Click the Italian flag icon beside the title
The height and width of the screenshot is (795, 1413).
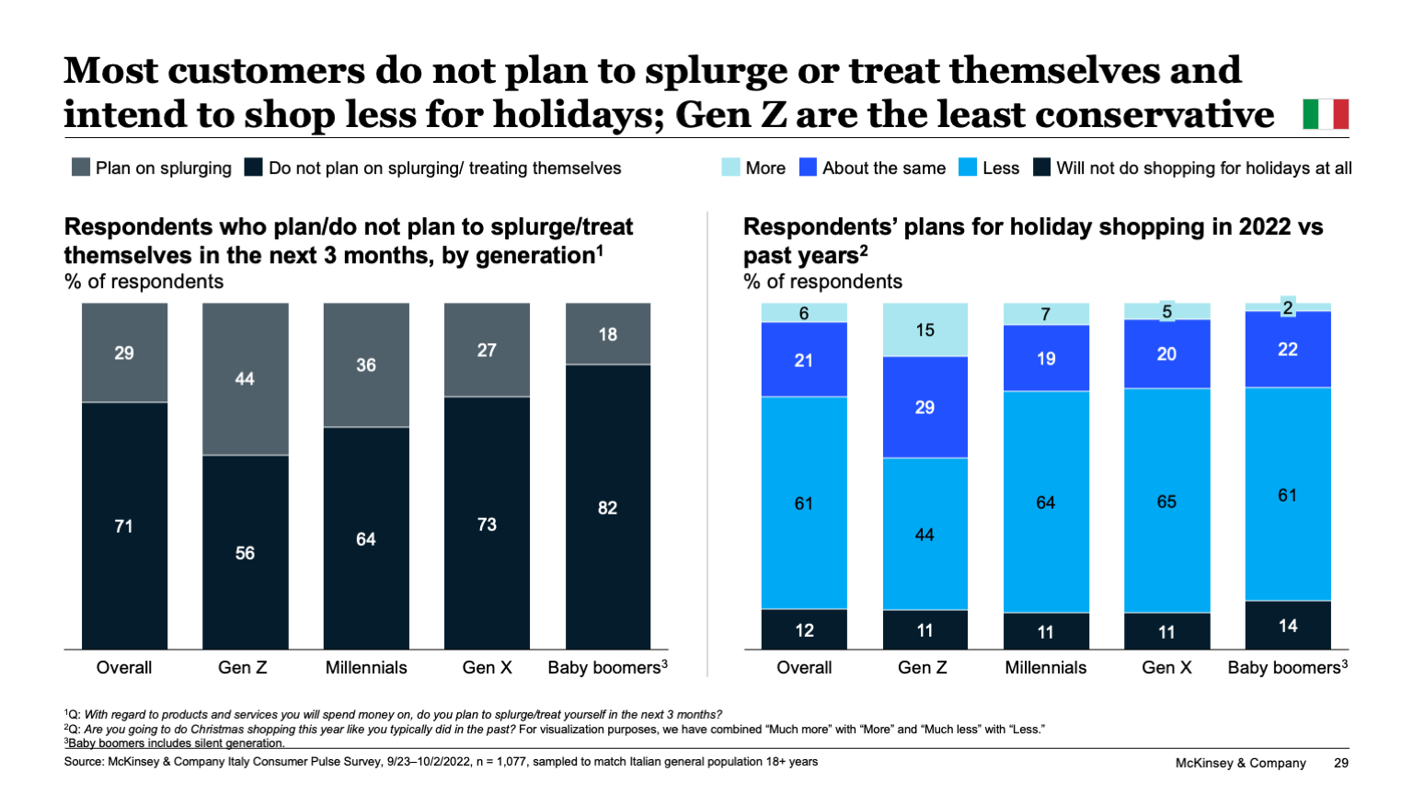coord(1326,114)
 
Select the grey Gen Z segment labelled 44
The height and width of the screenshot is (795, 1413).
coord(245,379)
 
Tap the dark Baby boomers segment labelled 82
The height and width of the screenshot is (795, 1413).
coord(608,508)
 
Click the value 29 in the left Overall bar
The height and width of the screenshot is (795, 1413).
coord(124,353)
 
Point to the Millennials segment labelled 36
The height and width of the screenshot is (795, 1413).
coord(366,365)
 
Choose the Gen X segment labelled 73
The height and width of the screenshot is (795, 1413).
coord(487,524)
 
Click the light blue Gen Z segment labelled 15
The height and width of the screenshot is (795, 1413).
coord(925,329)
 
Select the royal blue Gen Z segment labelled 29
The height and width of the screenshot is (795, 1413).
coord(925,407)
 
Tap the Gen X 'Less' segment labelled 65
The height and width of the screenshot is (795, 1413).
coord(1166,501)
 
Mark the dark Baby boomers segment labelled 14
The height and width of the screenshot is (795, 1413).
coord(1288,626)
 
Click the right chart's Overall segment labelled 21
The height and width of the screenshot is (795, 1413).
coord(804,360)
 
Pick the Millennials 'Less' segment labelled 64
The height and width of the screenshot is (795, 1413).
coord(1046,502)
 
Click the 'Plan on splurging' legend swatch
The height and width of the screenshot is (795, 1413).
coord(81,167)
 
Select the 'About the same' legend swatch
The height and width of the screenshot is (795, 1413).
coord(808,167)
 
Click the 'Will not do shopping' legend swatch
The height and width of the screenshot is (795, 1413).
coord(1041,167)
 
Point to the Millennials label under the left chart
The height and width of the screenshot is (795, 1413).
coord(366,668)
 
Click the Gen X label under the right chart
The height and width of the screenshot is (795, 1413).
coord(1166,668)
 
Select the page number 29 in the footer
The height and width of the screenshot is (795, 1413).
coord(1341,763)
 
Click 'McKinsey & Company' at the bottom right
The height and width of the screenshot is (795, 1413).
coord(1240,763)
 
